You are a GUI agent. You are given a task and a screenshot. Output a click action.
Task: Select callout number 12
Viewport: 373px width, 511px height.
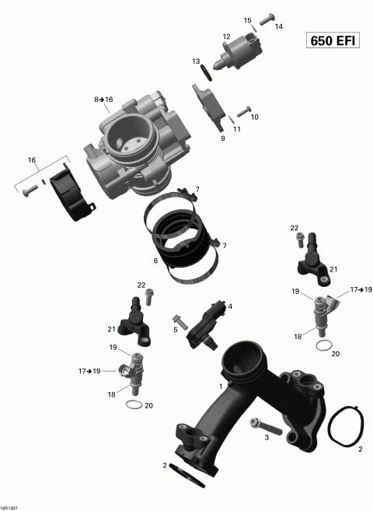[226, 37]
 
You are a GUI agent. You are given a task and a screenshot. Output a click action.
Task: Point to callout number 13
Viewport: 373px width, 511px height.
[197, 61]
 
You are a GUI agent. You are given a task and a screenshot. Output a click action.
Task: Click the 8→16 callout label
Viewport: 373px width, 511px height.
[103, 100]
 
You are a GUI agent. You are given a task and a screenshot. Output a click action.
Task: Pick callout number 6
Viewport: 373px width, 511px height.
[155, 261]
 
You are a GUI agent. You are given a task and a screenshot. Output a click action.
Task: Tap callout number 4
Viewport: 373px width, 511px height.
[229, 306]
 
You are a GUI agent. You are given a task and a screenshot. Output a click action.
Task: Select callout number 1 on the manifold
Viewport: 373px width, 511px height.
[221, 386]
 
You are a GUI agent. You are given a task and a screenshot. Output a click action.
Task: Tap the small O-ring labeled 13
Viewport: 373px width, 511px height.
[206, 72]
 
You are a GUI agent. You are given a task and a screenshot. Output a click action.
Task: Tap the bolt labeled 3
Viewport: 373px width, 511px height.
[260, 425]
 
